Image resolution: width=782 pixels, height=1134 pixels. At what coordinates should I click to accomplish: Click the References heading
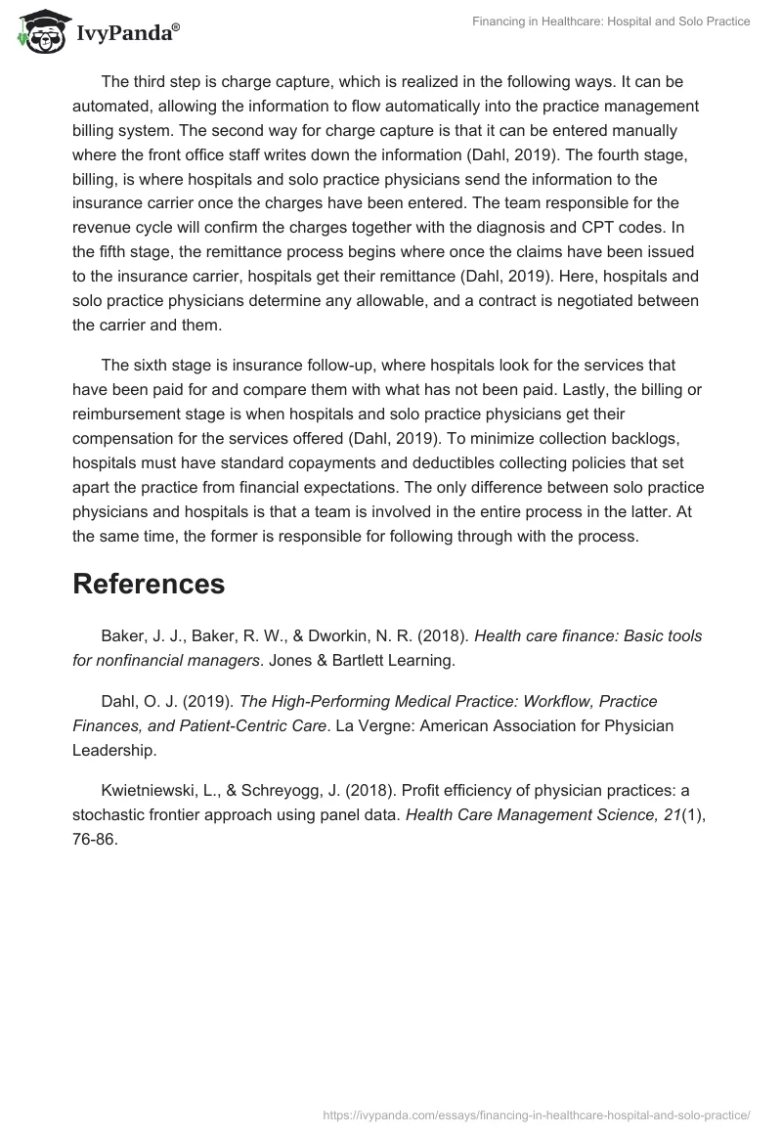coord(149,584)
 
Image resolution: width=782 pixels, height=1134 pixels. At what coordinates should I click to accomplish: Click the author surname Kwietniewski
coord(152,789)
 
